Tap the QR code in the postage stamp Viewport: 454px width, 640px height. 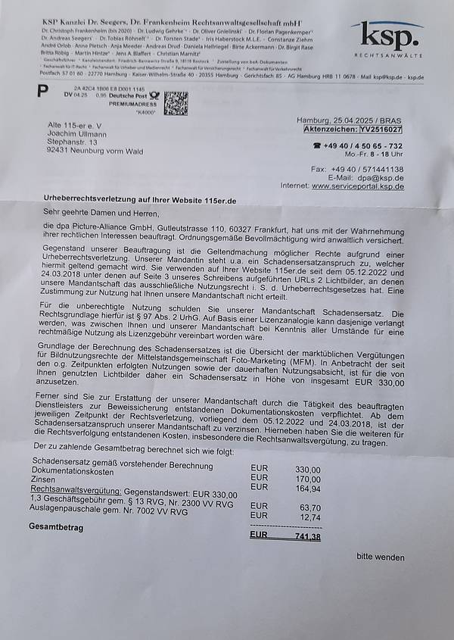coord(176,102)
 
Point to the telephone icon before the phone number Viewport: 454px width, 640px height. coord(317,146)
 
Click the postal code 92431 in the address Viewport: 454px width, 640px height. coord(60,150)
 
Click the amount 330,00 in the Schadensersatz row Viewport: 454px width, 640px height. coord(307,470)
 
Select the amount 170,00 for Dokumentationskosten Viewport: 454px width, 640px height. coord(307,479)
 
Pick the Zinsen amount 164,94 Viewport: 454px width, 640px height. coord(307,489)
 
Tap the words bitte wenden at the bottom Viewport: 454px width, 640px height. coord(381,557)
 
